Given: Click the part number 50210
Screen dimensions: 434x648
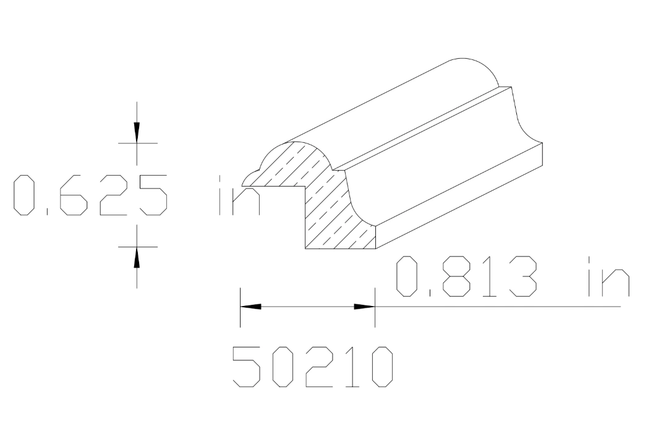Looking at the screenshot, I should [x=312, y=367].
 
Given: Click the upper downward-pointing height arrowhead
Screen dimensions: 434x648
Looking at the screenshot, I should [x=137, y=130].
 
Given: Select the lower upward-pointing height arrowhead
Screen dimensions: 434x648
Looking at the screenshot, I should [x=137, y=258].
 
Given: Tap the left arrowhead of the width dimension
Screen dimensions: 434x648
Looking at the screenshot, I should [x=250, y=306].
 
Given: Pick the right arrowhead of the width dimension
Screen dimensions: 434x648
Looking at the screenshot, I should [x=364, y=306].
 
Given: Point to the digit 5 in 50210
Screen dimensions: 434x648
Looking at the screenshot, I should [x=246, y=367].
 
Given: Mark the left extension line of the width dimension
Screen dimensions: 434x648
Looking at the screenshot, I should [x=240, y=306].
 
